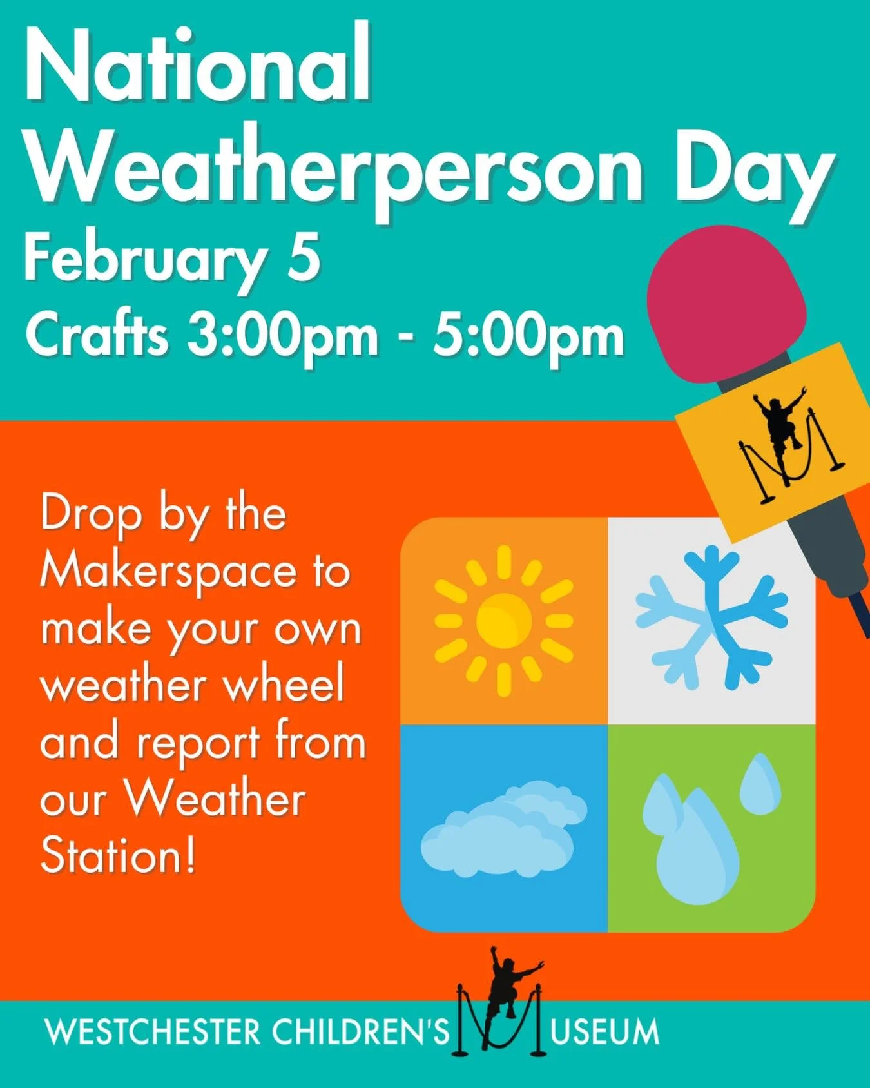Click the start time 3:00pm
coord(282,336)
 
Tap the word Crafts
coord(97,336)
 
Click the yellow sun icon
coord(504,621)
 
